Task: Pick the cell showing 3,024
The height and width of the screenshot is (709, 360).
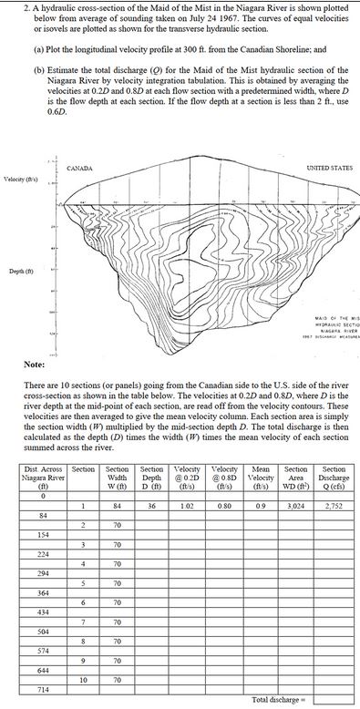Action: point(297,505)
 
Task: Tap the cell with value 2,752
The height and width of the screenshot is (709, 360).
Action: point(334,505)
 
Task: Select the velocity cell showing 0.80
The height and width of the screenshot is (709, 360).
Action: point(224,505)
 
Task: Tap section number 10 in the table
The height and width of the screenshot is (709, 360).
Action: point(83,680)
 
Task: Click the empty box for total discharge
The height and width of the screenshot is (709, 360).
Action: point(334,699)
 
